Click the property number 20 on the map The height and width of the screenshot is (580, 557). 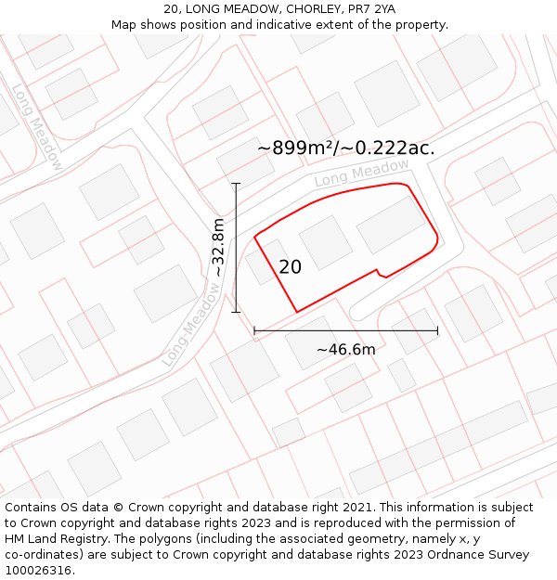[290, 267]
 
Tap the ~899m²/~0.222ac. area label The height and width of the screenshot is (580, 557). [345, 148]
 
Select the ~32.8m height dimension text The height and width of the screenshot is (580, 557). [219, 248]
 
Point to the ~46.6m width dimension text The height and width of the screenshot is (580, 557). [345, 350]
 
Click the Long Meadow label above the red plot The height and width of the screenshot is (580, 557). [361, 173]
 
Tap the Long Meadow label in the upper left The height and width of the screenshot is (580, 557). [37, 127]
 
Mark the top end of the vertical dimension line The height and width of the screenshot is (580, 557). [236, 184]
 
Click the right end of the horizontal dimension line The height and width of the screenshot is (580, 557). [437, 329]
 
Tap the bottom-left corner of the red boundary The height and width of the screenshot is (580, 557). [297, 312]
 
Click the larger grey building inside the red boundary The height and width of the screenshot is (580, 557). [391, 224]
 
